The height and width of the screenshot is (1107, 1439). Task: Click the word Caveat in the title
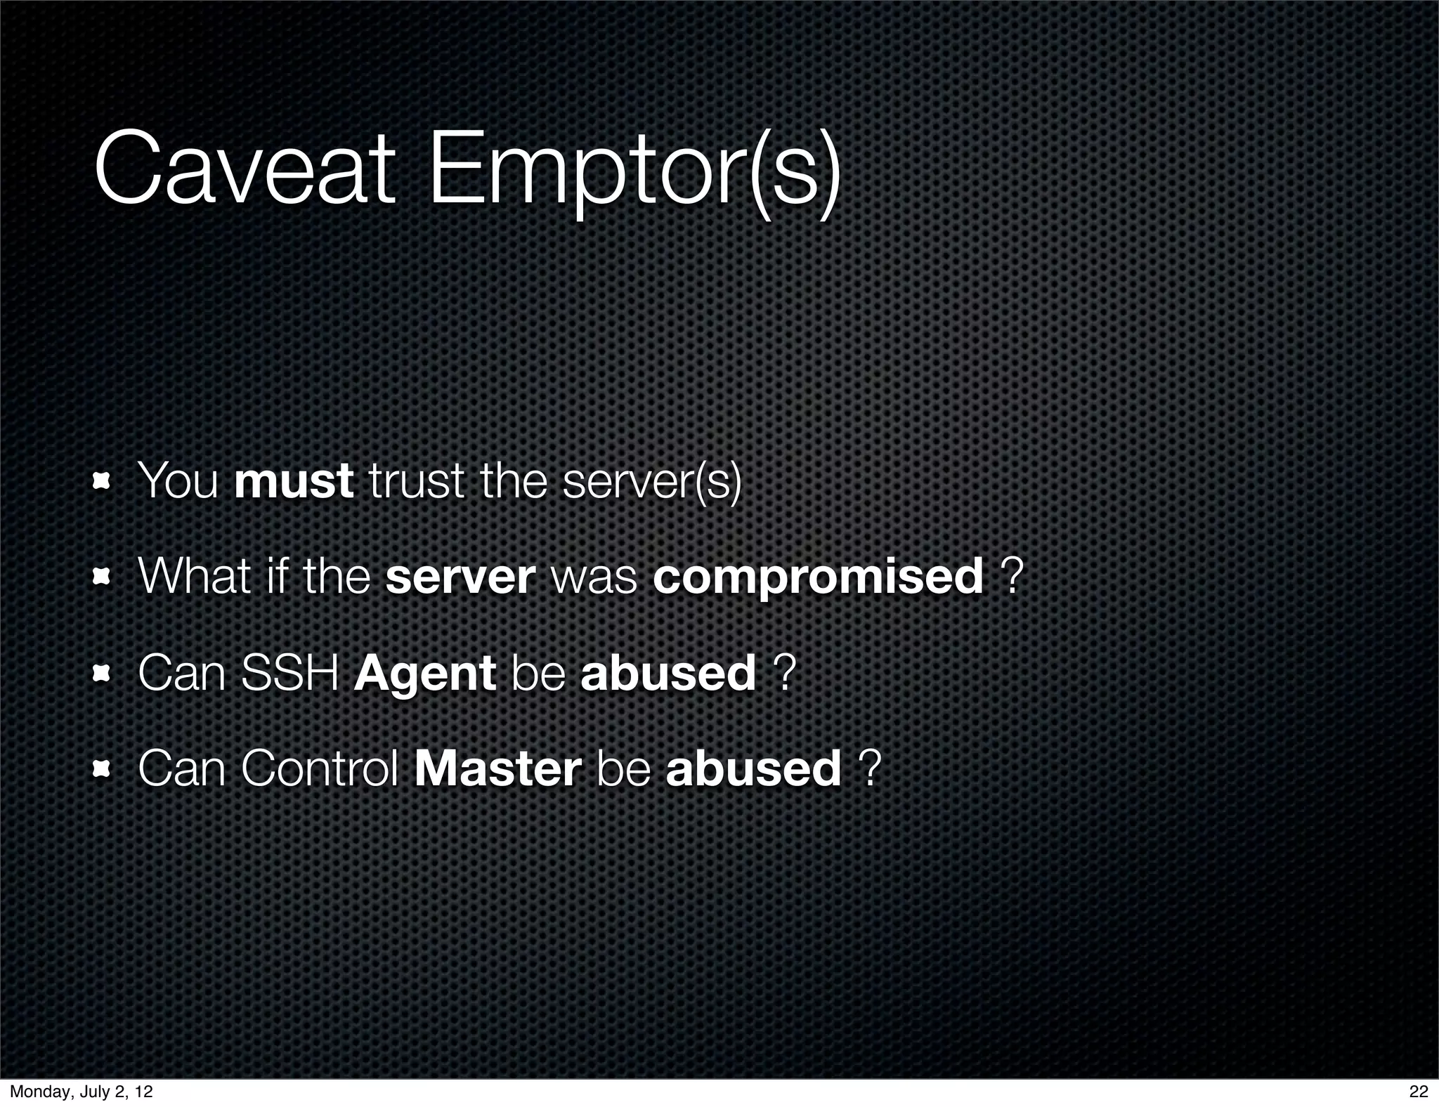tap(243, 171)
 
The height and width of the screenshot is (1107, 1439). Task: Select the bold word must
tap(294, 482)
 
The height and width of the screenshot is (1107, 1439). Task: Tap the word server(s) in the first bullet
tap(652, 482)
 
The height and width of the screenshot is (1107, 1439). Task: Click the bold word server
tap(460, 577)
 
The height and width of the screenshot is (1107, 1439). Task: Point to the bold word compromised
tap(818, 577)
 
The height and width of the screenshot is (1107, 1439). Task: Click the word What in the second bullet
tap(184, 577)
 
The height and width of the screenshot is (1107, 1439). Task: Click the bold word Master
tap(498, 768)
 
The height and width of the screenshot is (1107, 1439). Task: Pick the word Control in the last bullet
tap(320, 768)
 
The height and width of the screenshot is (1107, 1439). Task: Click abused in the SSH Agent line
tap(668, 672)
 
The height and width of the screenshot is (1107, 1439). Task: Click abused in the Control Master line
tap(753, 768)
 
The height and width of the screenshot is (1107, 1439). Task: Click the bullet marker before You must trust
tap(103, 483)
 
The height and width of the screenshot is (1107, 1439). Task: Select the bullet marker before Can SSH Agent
tap(103, 674)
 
